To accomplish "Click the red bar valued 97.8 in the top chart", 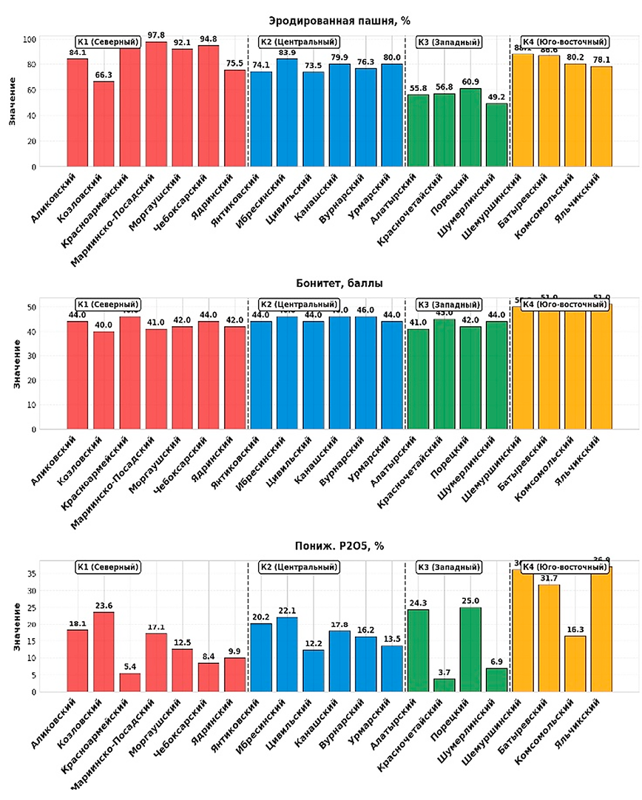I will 156,104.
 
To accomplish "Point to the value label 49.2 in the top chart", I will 496,96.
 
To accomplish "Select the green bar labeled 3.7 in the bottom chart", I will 444,685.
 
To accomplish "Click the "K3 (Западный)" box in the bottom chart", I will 449,567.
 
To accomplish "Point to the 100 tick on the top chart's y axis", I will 30,39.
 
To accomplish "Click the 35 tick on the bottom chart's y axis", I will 32,574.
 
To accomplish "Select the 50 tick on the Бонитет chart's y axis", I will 32,307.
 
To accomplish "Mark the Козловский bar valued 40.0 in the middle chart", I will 104,377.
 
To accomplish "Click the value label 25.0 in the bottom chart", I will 470,601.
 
